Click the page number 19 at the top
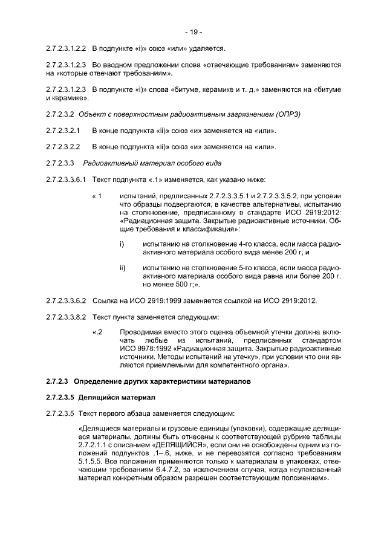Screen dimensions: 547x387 click(x=193, y=31)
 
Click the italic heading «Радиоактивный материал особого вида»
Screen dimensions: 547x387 click(x=152, y=163)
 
